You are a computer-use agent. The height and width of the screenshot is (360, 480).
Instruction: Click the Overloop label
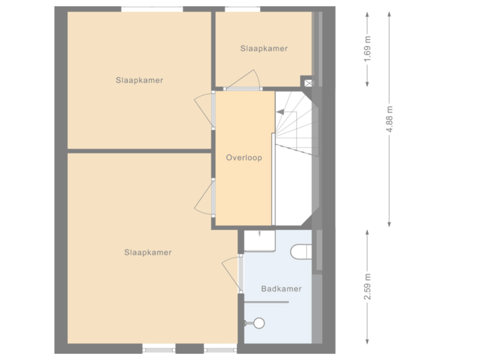243,159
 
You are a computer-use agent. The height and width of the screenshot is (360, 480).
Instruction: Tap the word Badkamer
281,289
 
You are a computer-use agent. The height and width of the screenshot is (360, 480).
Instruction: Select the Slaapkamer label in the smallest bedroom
264,49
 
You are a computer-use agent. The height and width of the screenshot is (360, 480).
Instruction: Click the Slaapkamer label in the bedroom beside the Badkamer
147,253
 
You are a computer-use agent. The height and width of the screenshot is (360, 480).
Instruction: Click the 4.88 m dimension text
390,120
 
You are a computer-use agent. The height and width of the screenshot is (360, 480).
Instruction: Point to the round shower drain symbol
258,323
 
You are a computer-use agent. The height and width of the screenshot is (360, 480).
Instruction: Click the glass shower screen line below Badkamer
267,303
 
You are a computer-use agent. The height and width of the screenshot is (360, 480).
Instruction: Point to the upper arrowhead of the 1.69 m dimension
367,17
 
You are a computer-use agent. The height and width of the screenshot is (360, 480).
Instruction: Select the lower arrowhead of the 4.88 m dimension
390,223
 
